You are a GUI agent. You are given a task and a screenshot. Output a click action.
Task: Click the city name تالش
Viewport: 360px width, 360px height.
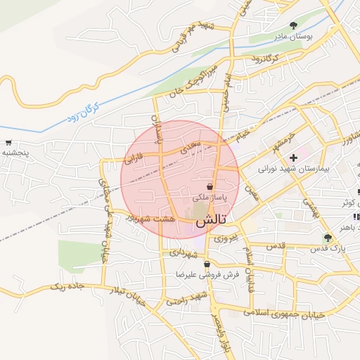point(211,221)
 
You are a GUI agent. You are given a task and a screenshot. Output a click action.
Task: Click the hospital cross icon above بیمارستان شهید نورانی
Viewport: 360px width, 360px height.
point(293,157)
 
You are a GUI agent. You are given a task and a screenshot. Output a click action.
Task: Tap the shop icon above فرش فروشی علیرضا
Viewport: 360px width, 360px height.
point(207,264)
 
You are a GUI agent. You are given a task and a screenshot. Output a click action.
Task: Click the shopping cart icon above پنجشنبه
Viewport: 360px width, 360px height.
point(8,143)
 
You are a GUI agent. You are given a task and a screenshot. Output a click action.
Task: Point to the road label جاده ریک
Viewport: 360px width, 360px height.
point(68,287)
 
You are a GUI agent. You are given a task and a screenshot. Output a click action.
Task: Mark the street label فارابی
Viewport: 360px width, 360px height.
point(133,157)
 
